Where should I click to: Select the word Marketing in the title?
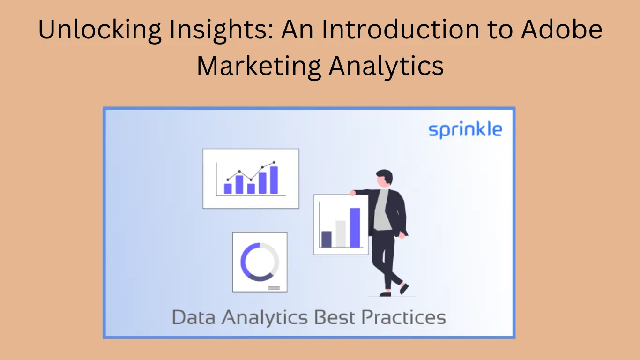(259, 66)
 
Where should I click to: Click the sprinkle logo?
(465, 129)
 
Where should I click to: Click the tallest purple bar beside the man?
(355, 227)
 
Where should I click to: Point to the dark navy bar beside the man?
(327, 239)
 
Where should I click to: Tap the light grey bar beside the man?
(341, 233)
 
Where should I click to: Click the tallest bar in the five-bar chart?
(274, 180)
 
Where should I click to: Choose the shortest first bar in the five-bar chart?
(228, 188)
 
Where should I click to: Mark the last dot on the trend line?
(275, 162)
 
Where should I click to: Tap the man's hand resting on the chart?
(352, 193)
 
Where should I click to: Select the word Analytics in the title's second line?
(386, 66)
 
